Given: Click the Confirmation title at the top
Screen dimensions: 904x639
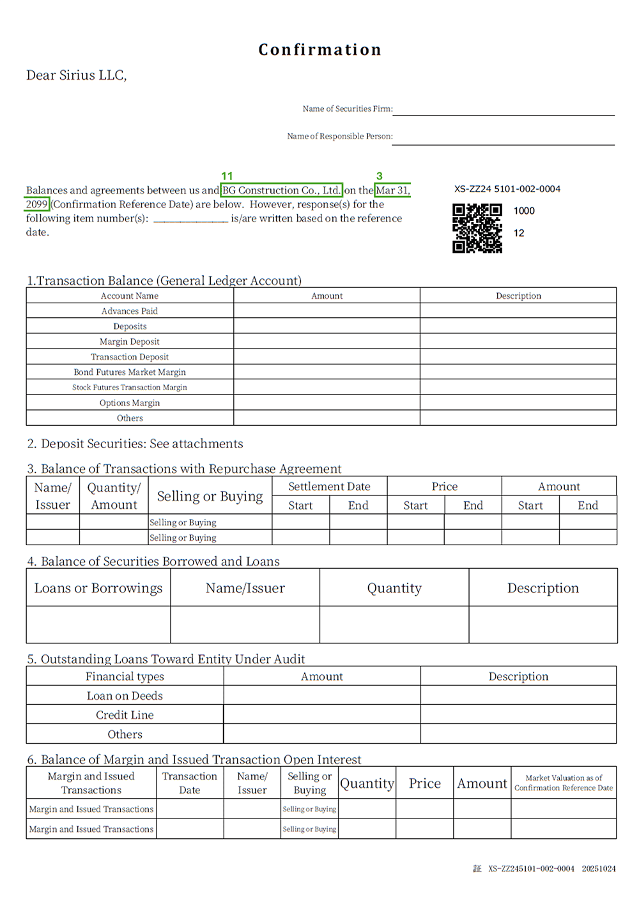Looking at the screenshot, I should click(x=319, y=50).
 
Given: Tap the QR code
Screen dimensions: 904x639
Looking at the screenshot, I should click(x=477, y=229).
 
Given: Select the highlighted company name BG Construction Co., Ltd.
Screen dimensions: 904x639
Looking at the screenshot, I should click(x=281, y=190).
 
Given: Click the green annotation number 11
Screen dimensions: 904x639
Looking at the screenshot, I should click(x=227, y=176).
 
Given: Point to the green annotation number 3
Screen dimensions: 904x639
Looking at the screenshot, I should click(x=379, y=176).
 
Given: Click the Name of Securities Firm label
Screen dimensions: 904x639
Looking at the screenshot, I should click(x=347, y=109).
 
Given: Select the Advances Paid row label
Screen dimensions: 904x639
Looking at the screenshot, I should click(x=130, y=311).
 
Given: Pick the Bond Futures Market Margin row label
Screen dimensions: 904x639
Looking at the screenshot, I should click(x=130, y=372).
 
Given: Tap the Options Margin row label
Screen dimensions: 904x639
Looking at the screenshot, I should click(x=130, y=403).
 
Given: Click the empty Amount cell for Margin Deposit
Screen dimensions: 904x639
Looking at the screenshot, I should click(x=327, y=342).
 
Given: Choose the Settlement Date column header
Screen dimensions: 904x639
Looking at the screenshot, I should click(x=329, y=486).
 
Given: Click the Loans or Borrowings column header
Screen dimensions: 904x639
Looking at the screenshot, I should click(x=98, y=588).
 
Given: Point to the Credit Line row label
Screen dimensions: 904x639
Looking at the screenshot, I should click(x=125, y=715).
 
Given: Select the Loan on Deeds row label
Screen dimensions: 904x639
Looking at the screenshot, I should click(x=125, y=696).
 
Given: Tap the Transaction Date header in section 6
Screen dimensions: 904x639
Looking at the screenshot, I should click(x=190, y=783).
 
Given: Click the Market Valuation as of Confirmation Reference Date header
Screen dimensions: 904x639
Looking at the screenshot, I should click(x=564, y=783).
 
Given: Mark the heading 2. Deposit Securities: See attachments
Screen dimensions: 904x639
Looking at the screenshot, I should click(x=135, y=444).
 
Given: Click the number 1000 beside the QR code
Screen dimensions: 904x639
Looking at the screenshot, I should click(x=524, y=211).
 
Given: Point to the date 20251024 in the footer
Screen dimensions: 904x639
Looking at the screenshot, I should click(x=599, y=869).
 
